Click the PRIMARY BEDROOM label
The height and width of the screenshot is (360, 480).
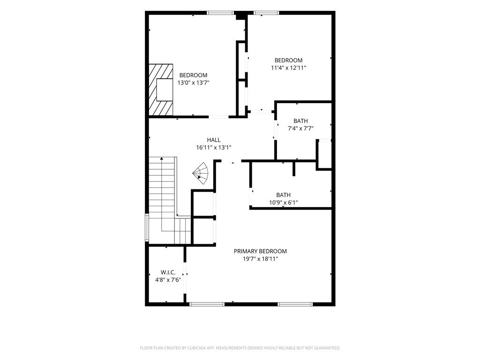pyautogui.click(x=260, y=251)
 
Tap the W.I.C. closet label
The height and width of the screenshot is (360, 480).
pyautogui.click(x=168, y=272)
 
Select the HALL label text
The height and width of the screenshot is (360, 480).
pyautogui.click(x=214, y=140)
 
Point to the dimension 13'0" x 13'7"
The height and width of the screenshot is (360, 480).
pyautogui.click(x=193, y=82)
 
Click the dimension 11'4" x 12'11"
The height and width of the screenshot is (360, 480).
pyautogui.click(x=288, y=68)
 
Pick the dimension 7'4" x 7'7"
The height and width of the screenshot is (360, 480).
pyautogui.click(x=300, y=128)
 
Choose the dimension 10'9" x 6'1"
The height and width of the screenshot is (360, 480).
pyautogui.click(x=284, y=202)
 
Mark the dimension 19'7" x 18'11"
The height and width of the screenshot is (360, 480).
pyautogui.click(x=260, y=259)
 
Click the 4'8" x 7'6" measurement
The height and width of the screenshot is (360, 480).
pyautogui.click(x=168, y=280)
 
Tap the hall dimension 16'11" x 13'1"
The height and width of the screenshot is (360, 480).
pyautogui.click(x=214, y=148)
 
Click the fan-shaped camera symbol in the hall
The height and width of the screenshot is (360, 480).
pyautogui.click(x=201, y=173)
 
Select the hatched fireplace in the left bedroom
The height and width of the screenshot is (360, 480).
pyautogui.click(x=161, y=90)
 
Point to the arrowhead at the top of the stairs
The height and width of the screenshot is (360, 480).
pyautogui.click(x=162, y=158)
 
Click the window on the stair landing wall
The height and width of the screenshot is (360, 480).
pyautogui.click(x=147, y=228)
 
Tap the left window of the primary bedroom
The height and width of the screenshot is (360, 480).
pyautogui.click(x=207, y=304)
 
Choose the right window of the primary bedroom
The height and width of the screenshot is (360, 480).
pyautogui.click(x=295, y=304)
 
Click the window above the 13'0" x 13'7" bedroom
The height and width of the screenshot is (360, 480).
pyautogui.click(x=221, y=13)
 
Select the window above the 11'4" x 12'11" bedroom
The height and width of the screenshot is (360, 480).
pyautogui.click(x=266, y=13)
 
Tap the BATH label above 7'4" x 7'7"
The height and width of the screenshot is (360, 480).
pyautogui.click(x=300, y=121)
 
